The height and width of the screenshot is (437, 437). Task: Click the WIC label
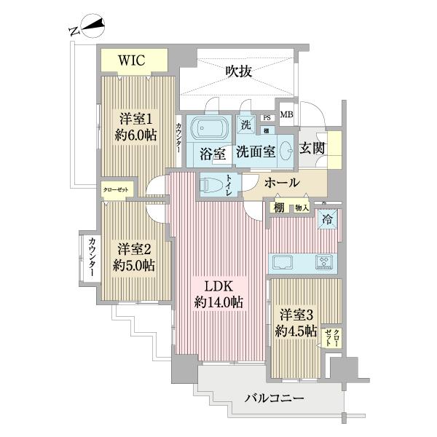(x=134, y=60)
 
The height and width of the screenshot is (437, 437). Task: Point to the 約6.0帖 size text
(x=135, y=134)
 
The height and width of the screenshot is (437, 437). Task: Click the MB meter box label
(x=287, y=114)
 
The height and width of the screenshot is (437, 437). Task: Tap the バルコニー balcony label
(x=275, y=398)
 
